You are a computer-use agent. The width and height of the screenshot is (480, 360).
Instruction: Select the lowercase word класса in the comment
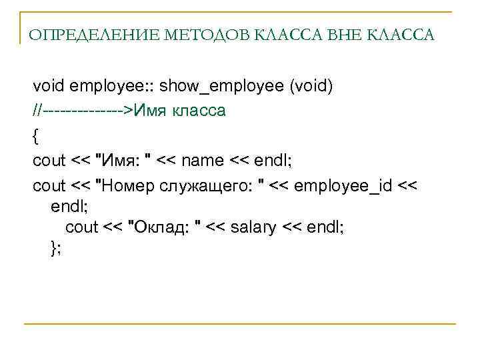(x=199, y=111)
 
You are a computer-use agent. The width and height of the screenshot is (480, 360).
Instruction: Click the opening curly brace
(x=36, y=135)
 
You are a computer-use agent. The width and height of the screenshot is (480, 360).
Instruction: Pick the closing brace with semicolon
(x=55, y=248)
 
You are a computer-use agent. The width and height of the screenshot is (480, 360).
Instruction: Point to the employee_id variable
(x=343, y=185)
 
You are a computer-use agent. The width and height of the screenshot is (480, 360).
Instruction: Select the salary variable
(x=253, y=227)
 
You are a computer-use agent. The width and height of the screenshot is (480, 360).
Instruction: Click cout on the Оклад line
(x=81, y=227)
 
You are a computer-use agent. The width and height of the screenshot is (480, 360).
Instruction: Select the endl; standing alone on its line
(x=66, y=206)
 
